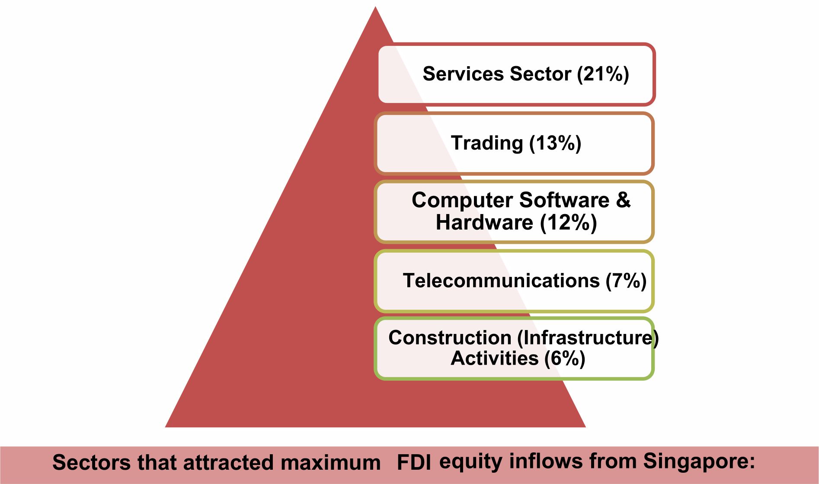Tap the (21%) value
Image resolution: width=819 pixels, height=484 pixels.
point(603,74)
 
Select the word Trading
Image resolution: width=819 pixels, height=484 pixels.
point(487,143)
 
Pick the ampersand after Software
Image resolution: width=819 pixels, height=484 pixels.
point(623,200)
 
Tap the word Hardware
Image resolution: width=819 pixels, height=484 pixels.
point(484,222)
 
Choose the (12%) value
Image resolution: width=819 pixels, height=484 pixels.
point(569,222)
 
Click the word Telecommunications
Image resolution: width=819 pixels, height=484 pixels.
point(501,281)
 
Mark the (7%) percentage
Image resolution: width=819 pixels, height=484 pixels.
point(626,281)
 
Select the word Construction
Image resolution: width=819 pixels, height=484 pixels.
point(450,337)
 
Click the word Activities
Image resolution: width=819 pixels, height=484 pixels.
point(495,358)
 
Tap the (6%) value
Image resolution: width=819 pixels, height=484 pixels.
point(565,359)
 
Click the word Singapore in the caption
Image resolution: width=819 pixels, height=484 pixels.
point(699,462)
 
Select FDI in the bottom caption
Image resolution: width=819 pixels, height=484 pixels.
point(414,462)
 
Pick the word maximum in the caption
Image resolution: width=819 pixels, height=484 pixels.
point(331,462)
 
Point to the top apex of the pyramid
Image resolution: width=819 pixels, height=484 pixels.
point(375,6)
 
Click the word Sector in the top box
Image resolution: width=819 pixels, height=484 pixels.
point(541,74)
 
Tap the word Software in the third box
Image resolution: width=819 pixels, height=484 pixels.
point(564,200)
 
